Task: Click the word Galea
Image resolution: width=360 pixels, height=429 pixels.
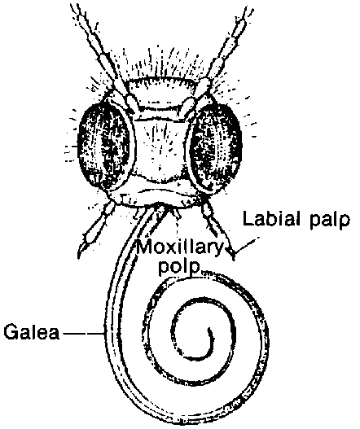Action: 32,332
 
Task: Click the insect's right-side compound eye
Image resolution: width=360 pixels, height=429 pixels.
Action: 216,147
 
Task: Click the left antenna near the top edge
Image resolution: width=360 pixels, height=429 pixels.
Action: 82,20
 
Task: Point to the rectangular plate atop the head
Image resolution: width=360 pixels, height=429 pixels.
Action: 163,93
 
